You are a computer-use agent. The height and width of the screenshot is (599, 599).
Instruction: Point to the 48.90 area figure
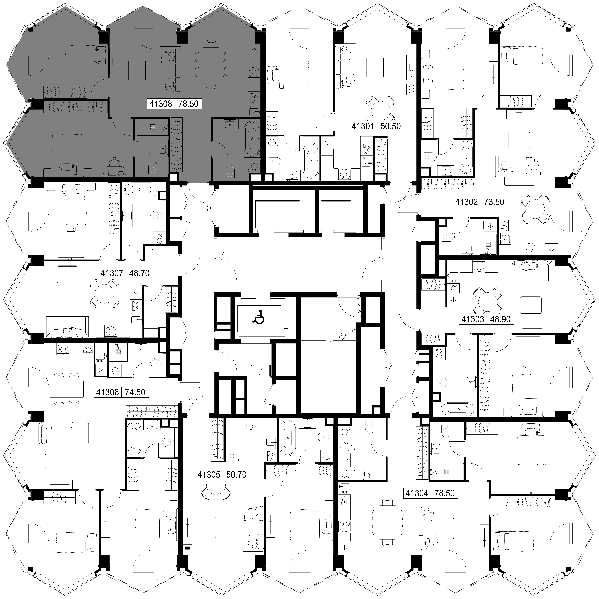tap(500, 319)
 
